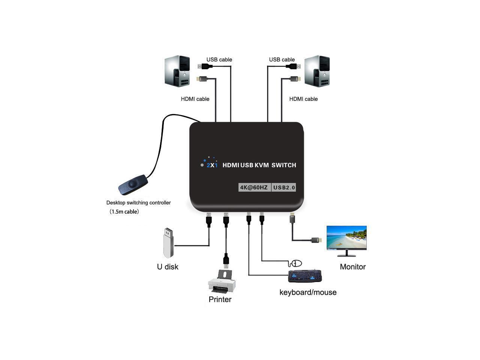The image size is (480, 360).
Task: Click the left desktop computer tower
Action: [177, 71]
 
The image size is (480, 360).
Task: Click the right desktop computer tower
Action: [317, 71]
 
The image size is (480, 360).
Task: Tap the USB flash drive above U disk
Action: [168, 243]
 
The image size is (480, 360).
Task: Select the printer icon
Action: [222, 282]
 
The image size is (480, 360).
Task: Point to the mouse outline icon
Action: [297, 263]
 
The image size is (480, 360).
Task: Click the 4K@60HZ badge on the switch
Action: [254, 187]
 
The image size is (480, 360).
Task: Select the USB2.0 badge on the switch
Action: [284, 187]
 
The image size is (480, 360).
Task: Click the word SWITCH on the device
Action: [284, 165]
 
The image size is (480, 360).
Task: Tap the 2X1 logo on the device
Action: [212, 165]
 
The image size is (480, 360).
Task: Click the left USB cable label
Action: [219, 60]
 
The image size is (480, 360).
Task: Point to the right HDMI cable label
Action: [303, 99]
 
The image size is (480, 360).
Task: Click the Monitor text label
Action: [352, 267]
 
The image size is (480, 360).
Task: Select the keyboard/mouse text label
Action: [308, 292]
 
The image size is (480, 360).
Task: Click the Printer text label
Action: [220, 299]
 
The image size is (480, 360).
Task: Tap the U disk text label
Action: [168, 267]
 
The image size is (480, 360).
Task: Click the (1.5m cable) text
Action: [124, 211]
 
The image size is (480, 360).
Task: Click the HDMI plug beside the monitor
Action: [317, 240]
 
